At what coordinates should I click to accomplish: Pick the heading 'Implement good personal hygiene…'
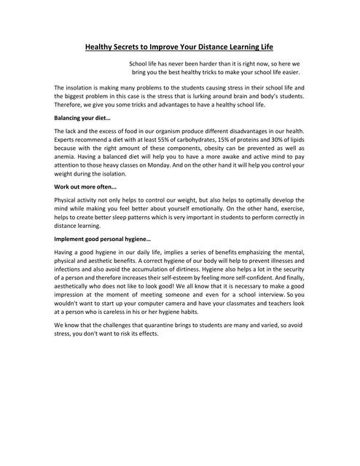click(x=103, y=239)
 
